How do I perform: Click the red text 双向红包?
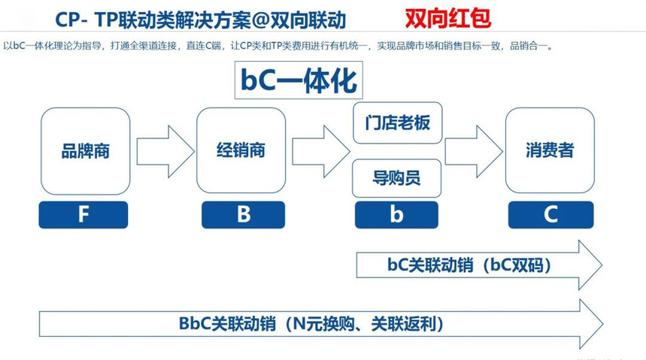[447, 19]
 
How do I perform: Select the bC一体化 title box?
[299, 80]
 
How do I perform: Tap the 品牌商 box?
[85, 151]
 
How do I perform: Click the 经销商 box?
[241, 150]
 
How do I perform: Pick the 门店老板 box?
[398, 123]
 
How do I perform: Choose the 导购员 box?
[397, 178]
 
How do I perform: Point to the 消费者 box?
[550, 150]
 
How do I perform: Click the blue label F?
[83, 215]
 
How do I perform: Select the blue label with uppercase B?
[243, 215]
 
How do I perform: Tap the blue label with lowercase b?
[396, 215]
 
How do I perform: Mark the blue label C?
[550, 215]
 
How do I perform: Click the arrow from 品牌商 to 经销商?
[165, 152]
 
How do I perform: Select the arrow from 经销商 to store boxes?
[321, 152]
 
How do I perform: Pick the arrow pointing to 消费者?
[474, 152]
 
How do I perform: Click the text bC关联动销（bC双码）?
[469, 265]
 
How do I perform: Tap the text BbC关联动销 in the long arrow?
[227, 324]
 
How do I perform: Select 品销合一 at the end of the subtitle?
[529, 46]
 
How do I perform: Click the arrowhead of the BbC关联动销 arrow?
[591, 324]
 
